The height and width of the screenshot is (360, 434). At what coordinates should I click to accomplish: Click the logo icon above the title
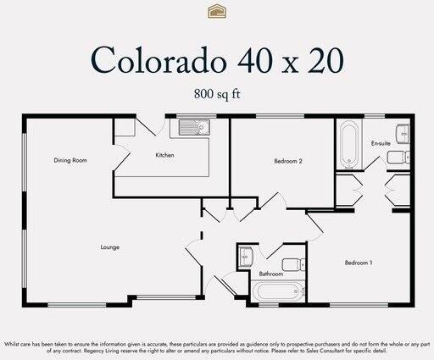pos(216,11)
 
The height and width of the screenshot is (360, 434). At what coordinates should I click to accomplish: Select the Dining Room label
pos(70,160)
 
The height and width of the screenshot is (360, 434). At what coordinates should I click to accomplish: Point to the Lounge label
pos(109,247)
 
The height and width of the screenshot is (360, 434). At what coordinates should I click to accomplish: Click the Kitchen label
pos(164,155)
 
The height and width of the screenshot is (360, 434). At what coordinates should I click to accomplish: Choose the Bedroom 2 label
pos(288,160)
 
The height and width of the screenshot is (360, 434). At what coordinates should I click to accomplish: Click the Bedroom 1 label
pos(358,263)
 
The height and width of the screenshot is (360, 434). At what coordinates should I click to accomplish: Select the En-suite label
pos(381,144)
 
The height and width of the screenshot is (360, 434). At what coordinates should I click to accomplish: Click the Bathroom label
pos(270,274)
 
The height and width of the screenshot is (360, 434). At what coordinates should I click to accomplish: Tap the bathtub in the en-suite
pos(348,144)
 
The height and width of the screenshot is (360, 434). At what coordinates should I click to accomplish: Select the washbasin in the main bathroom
pos(244,256)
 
